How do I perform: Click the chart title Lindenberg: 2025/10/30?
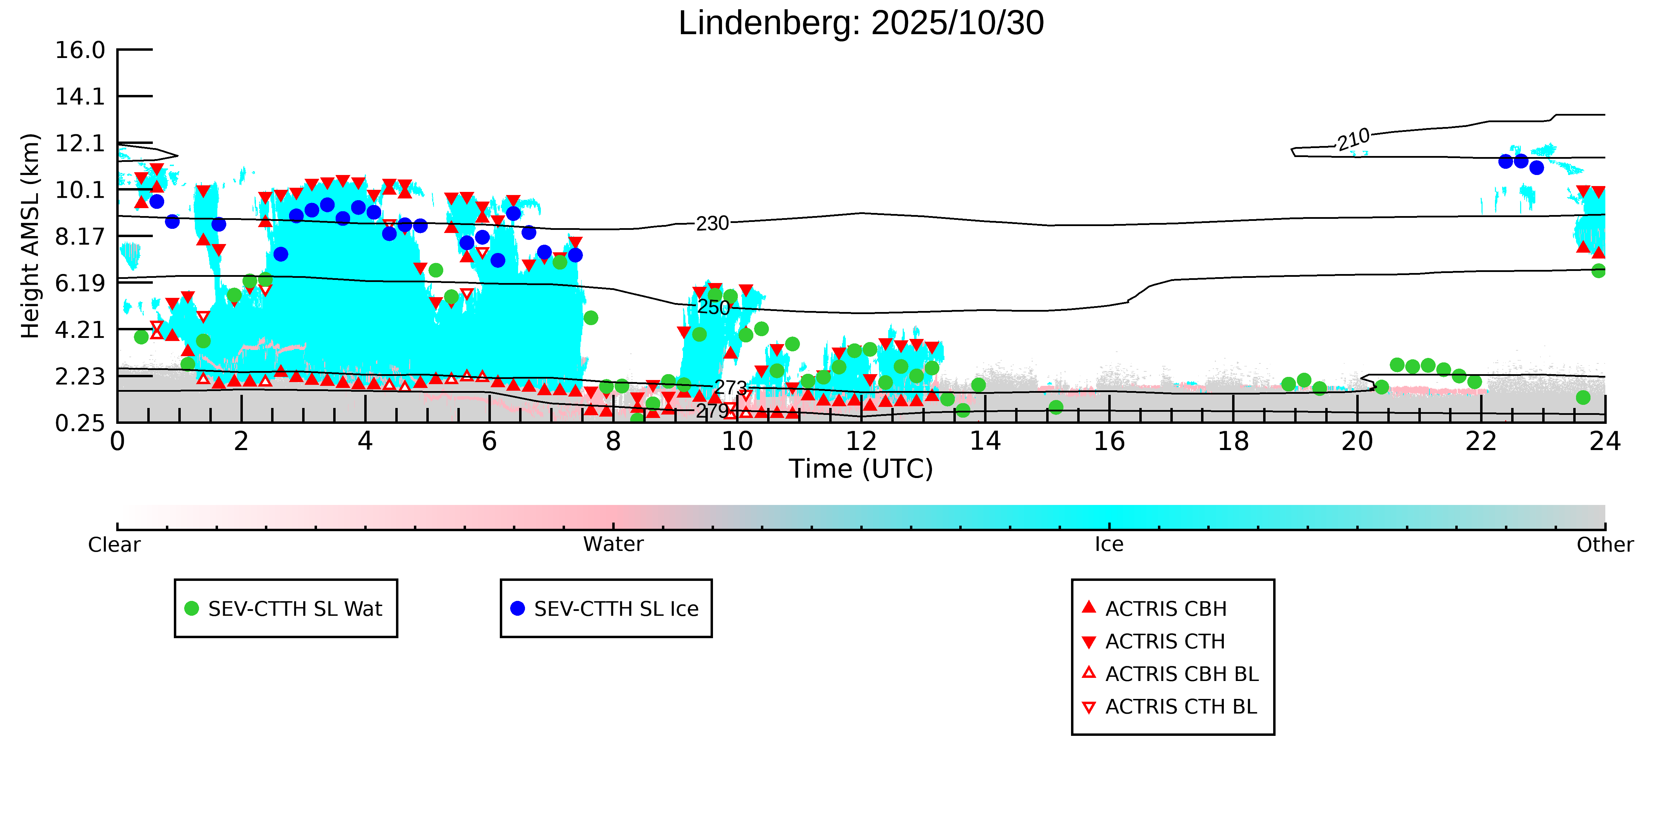(x=861, y=24)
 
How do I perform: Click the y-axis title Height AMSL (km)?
(x=30, y=236)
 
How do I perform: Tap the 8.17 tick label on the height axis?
(x=80, y=236)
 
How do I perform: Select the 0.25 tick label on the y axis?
(x=80, y=423)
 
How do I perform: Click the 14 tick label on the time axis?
(x=985, y=442)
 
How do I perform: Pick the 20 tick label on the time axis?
(x=1357, y=442)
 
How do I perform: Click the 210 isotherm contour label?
(x=1353, y=139)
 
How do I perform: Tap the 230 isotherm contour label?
(x=713, y=224)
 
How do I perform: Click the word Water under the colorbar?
(x=613, y=545)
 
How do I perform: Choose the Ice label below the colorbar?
(x=1109, y=545)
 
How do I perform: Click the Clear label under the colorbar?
(x=115, y=545)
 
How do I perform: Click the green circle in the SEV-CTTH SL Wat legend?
(x=191, y=608)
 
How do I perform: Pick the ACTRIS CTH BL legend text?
(x=1181, y=707)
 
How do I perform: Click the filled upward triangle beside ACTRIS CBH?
(x=1088, y=607)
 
